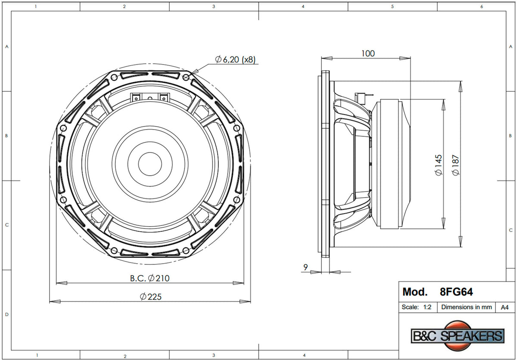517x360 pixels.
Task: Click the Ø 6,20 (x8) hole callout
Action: pyautogui.click(x=235, y=59)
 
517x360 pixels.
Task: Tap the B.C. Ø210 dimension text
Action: pyautogui.click(x=150, y=278)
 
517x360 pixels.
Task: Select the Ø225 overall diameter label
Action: pyautogui.click(x=151, y=297)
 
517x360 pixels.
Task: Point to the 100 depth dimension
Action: pyautogui.click(x=368, y=53)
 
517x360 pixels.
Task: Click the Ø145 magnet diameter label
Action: pyautogui.click(x=438, y=165)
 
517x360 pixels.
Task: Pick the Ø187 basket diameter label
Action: pyautogui.click(x=456, y=165)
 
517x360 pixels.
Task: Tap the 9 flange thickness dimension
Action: pyautogui.click(x=305, y=267)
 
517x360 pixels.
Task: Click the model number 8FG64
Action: pyautogui.click(x=456, y=292)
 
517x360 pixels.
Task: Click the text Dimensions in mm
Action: pyautogui.click(x=467, y=307)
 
